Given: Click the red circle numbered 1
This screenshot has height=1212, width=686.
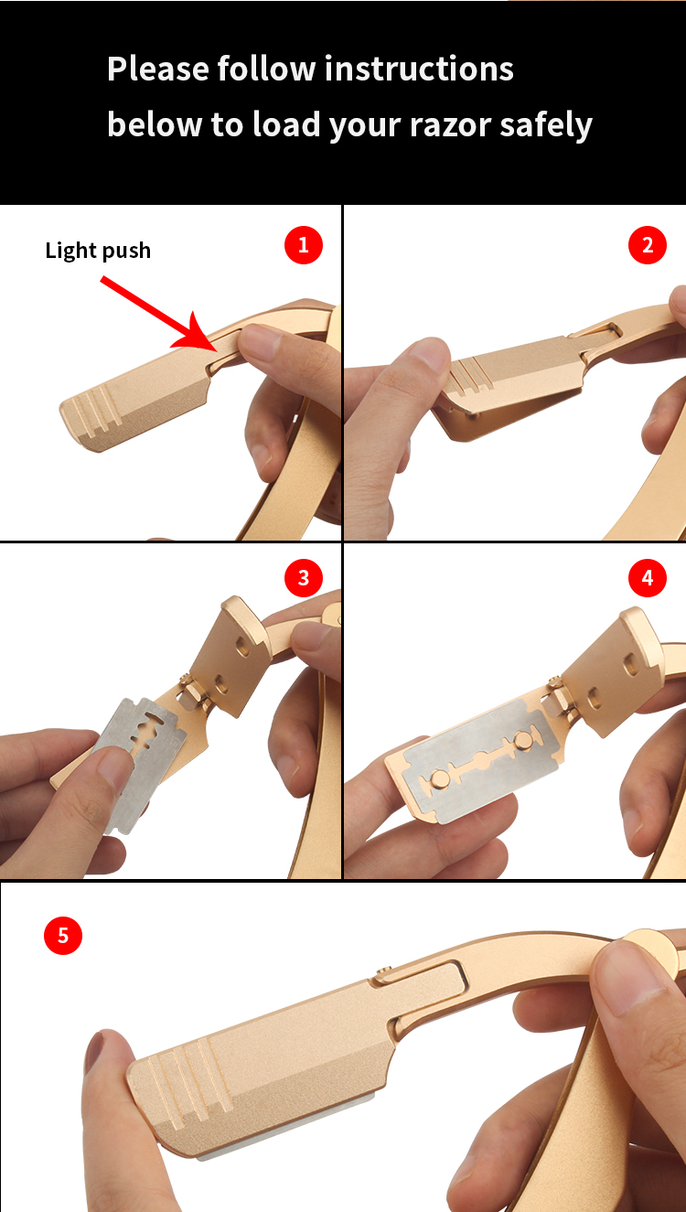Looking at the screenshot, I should coord(304,245).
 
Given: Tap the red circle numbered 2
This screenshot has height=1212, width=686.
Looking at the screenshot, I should coord(648,245).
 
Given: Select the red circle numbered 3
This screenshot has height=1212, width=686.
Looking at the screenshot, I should coord(304,578).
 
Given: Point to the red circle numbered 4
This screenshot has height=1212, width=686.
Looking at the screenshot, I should coord(648,578).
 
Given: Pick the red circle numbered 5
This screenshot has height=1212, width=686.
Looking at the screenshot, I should coord(63,935).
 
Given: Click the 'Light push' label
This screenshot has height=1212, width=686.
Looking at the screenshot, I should coord(98,251).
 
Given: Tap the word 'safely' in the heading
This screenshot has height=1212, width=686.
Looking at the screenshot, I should coord(546,124).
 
